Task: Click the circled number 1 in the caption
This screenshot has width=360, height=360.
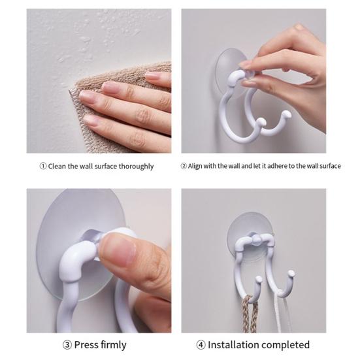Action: point(43,166)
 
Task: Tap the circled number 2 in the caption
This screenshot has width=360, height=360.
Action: point(184,166)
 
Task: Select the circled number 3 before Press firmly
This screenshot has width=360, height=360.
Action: point(67,345)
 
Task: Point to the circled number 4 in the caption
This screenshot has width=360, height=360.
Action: point(201,345)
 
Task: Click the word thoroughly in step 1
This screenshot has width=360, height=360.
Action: point(136,167)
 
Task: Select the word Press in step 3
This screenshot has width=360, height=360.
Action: point(86,345)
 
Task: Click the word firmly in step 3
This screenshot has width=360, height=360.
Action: point(114,346)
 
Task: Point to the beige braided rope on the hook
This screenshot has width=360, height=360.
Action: point(249,314)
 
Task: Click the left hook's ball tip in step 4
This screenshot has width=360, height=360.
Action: point(259,279)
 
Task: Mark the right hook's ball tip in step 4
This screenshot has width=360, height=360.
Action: point(291,273)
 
